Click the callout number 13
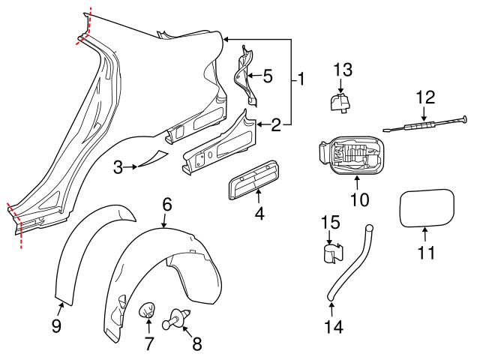[x=342, y=70]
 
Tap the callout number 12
[x=425, y=97]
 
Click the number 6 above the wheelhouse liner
[x=166, y=203]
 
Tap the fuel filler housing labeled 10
[x=351, y=156]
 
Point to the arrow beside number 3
[x=133, y=167]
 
